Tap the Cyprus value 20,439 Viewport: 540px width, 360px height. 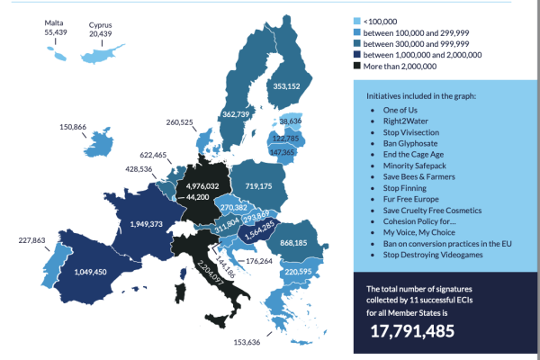point(101,31)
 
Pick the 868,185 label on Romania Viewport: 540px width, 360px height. point(313,243)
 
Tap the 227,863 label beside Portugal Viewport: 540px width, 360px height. point(21,240)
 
